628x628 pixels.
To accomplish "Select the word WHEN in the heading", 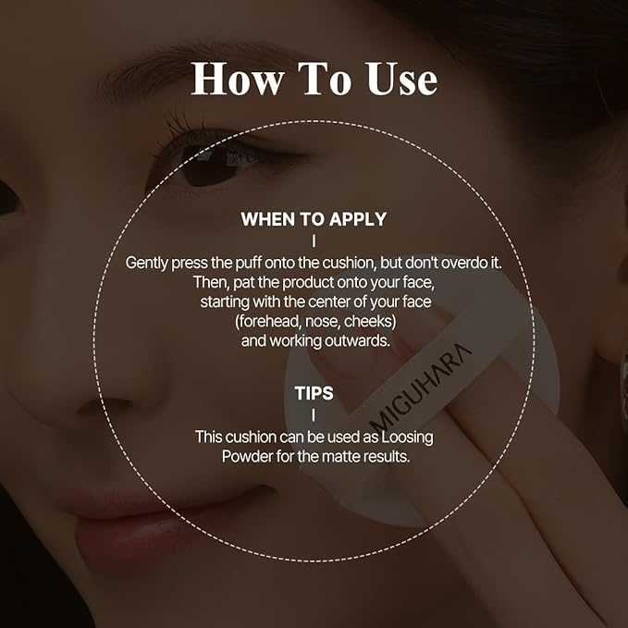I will [x=269, y=220].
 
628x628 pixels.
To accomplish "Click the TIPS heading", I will [x=314, y=393].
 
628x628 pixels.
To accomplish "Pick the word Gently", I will [x=150, y=262].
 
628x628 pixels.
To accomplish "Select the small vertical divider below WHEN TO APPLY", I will [x=314, y=240].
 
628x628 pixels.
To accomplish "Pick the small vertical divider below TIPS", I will [x=314, y=414].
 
